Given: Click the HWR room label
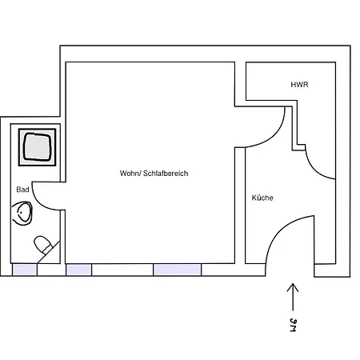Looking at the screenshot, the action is (299, 85).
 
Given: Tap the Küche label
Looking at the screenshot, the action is (262, 198).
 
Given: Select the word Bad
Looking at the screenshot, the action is (22, 190).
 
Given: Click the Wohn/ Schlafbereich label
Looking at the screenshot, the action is (154, 174).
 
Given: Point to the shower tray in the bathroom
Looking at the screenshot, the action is (37, 147).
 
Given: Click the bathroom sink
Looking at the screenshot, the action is (22, 214).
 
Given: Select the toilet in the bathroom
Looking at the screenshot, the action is (42, 245).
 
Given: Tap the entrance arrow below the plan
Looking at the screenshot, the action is (293, 297).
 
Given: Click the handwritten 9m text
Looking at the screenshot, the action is (293, 325).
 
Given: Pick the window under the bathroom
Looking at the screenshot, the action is (25, 270).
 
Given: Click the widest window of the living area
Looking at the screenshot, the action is (178, 270).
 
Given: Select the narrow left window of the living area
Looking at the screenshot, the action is (79, 270).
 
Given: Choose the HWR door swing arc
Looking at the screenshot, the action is (314, 169).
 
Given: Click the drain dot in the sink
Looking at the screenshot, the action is (21, 213).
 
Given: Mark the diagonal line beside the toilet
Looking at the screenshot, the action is (49, 252).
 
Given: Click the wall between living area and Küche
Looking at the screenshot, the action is (240, 206).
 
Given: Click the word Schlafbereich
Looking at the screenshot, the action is (166, 174).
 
